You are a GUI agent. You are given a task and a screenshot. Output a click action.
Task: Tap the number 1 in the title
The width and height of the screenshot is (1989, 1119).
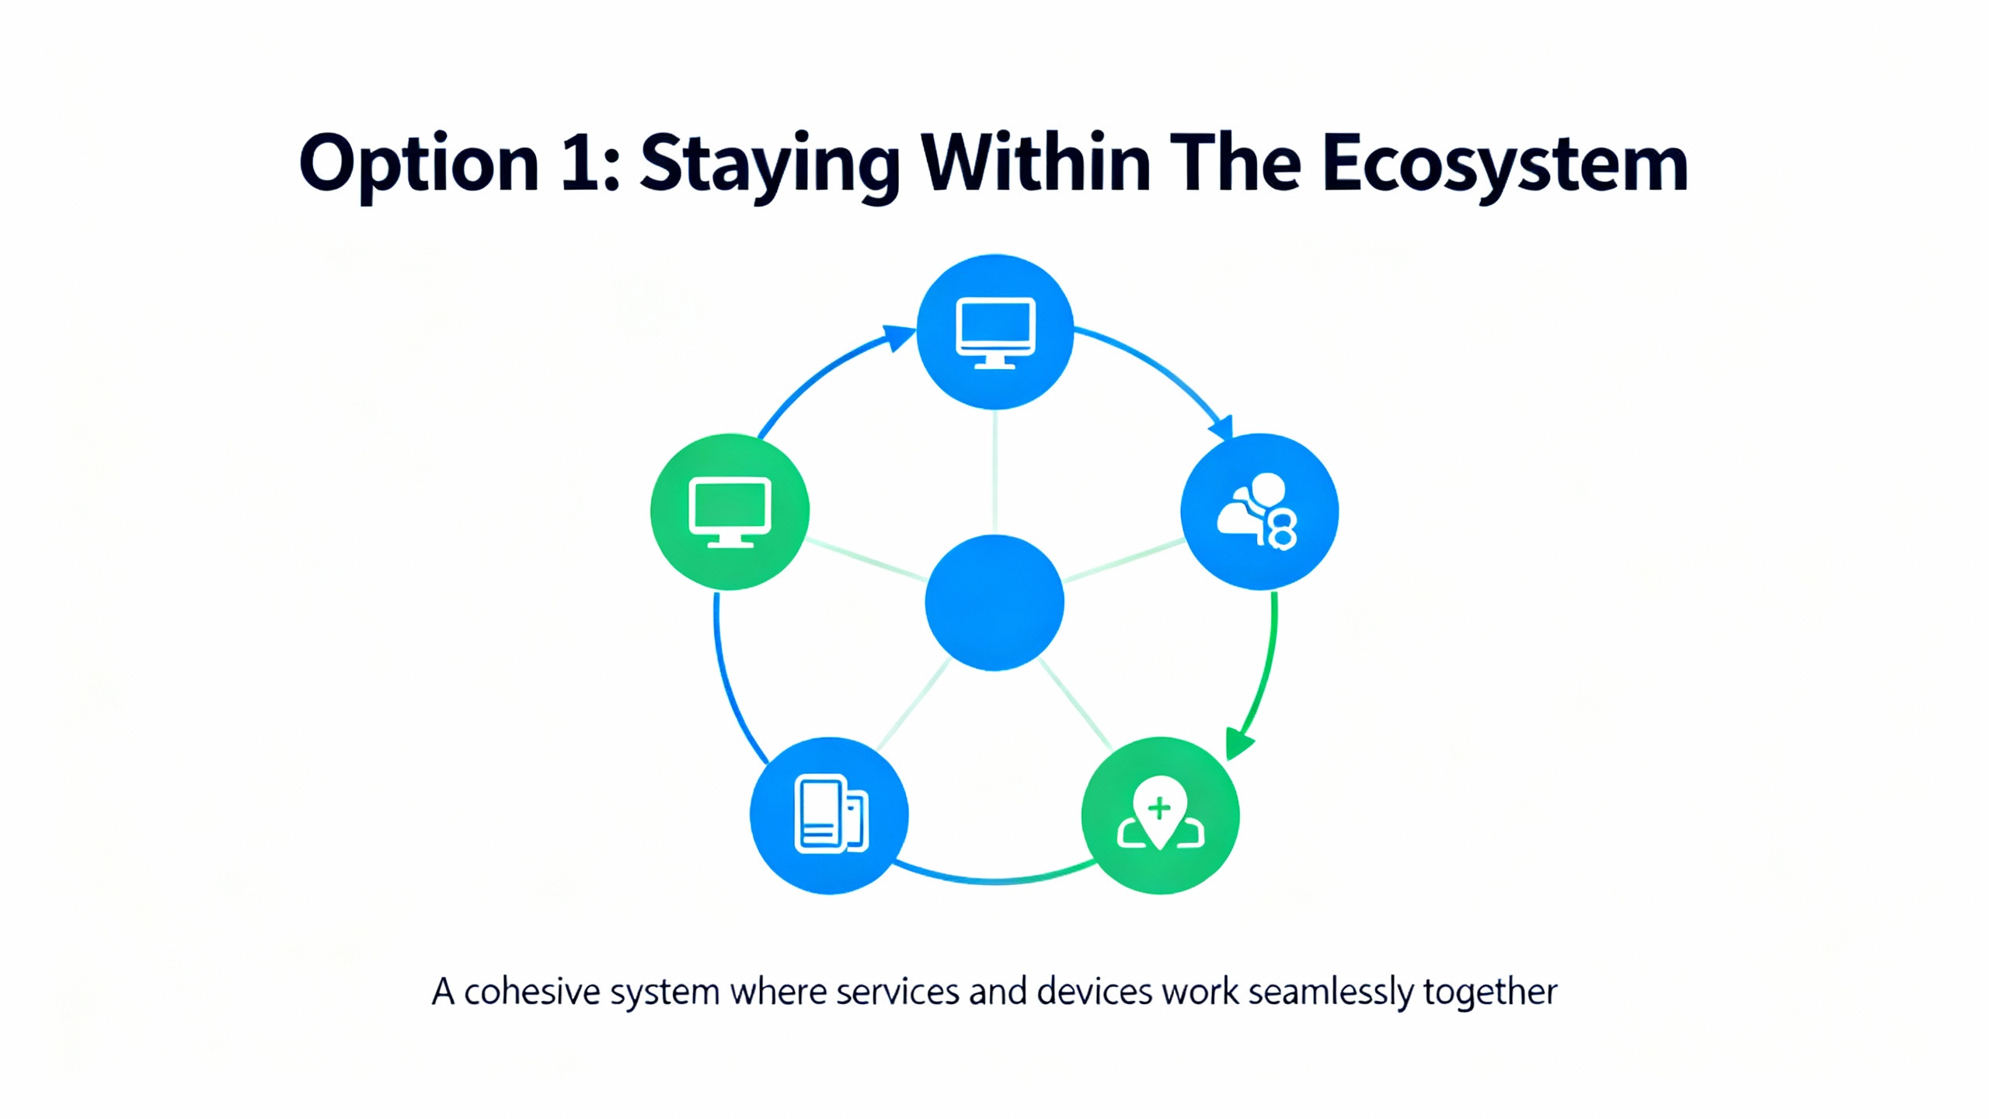tap(579, 162)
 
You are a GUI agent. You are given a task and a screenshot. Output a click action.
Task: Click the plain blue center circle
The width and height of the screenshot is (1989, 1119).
tap(994, 602)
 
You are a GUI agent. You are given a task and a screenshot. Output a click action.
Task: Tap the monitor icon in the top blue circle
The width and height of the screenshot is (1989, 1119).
tap(995, 333)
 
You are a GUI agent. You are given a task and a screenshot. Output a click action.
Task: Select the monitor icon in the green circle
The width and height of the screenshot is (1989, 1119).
tap(730, 513)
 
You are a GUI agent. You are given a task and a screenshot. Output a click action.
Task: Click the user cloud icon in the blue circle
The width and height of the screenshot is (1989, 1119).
tap(1257, 511)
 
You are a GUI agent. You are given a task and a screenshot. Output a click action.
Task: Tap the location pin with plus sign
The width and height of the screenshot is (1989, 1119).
tap(1160, 813)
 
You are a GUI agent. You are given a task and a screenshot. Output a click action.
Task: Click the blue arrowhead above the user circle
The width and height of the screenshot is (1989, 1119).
tap(1222, 427)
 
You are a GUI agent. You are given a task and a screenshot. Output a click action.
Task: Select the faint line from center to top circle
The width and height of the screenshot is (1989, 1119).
tap(994, 472)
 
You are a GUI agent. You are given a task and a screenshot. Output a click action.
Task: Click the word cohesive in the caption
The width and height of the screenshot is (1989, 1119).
tap(532, 992)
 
